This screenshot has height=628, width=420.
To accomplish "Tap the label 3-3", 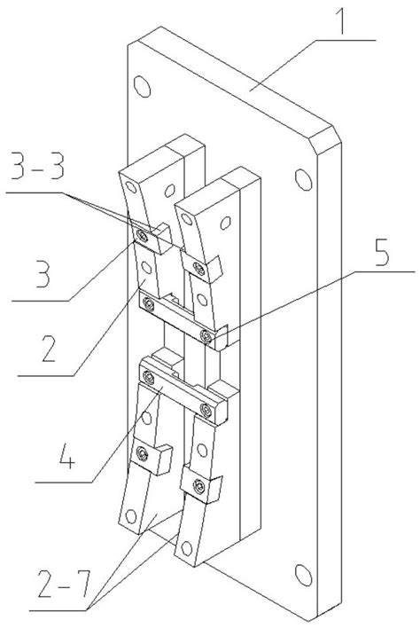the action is pyautogui.click(x=37, y=165).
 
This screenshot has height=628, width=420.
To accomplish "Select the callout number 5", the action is pyautogui.click(x=382, y=253).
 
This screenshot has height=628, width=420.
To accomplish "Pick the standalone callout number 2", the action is pyautogui.click(x=49, y=348).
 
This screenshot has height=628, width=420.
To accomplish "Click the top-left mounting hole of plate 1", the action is pyautogui.click(x=142, y=86).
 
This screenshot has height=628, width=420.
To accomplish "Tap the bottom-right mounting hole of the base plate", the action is pyautogui.click(x=304, y=575).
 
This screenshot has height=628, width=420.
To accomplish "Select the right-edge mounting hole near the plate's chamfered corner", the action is pyautogui.click(x=304, y=180).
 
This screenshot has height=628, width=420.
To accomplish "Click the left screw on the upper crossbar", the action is pyautogui.click(x=148, y=305).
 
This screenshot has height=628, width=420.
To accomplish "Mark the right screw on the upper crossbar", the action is pyautogui.click(x=206, y=335).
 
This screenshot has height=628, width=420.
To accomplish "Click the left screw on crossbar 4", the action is pyautogui.click(x=148, y=377).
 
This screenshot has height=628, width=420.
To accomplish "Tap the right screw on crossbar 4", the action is pyautogui.click(x=206, y=410).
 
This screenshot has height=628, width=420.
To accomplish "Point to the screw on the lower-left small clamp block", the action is pyautogui.click(x=142, y=453).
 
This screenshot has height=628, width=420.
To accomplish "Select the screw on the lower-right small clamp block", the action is pyautogui.click(x=198, y=486).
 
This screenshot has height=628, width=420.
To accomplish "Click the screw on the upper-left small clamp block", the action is pyautogui.click(x=142, y=236).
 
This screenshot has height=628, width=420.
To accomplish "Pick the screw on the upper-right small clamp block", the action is pyautogui.click(x=198, y=269).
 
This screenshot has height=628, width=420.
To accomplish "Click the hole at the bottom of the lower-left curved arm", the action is pyautogui.click(x=131, y=516).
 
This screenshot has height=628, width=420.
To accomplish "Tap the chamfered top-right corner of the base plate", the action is pyautogui.click(x=325, y=139).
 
